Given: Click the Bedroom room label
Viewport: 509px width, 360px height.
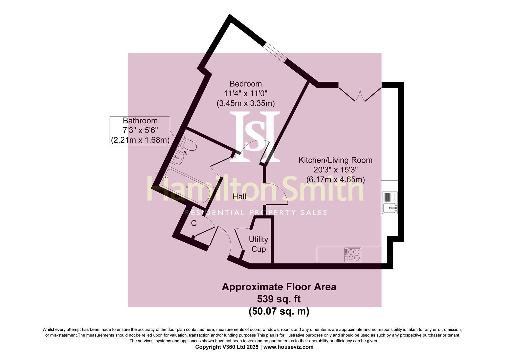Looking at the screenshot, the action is (x=246, y=84).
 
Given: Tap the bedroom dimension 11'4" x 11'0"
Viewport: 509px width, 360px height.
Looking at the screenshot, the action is (x=246, y=93).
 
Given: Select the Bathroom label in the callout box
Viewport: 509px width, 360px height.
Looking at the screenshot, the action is (x=140, y=121).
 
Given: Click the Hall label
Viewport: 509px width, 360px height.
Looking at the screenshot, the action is (x=239, y=197).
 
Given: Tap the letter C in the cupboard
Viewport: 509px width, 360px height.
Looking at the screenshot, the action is (x=194, y=223).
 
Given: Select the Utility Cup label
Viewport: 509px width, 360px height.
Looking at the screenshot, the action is (x=258, y=244).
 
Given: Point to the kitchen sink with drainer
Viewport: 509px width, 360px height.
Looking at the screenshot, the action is (x=390, y=203).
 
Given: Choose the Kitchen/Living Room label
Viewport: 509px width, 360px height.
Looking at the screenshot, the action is (x=336, y=160).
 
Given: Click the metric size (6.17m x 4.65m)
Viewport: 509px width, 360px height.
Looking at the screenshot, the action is (x=336, y=180).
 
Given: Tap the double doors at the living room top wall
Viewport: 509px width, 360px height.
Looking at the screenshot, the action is (x=360, y=94).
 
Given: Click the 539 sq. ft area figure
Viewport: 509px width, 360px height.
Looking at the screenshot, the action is (x=279, y=299).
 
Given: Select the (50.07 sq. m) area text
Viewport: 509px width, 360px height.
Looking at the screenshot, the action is (x=279, y=311).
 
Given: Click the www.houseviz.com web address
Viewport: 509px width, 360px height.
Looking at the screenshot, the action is (x=288, y=347).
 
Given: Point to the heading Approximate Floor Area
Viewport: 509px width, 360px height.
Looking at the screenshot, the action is (x=279, y=287).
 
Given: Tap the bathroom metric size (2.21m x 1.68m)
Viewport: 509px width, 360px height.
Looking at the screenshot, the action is (x=140, y=140).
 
